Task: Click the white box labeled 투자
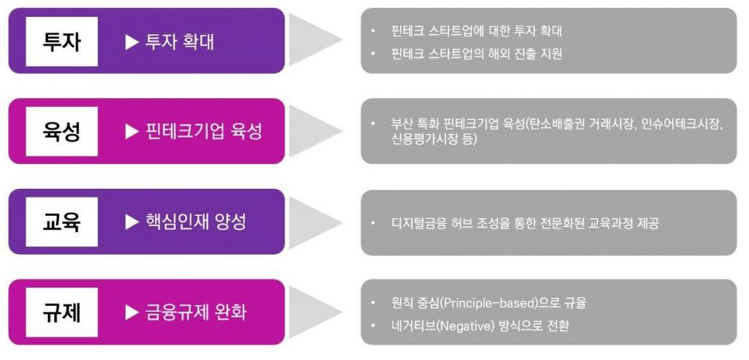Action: (61, 41)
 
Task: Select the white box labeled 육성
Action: (61, 132)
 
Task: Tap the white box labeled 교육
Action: (61, 222)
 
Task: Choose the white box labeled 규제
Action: (61, 312)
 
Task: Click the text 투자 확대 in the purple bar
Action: (180, 42)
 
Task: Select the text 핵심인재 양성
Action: (196, 222)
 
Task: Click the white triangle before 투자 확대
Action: (132, 42)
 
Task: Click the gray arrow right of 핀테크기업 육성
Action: (315, 131)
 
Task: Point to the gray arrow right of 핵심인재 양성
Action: (315, 222)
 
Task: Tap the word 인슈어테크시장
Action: (682, 124)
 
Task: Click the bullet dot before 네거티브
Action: (373, 326)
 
